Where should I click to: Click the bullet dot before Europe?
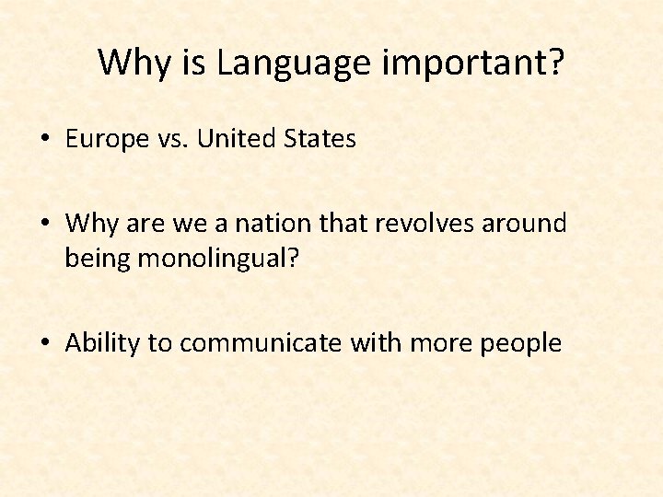click(44, 140)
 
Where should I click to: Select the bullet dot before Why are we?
click(44, 224)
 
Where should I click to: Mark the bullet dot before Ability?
click(44, 344)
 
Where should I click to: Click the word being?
click(98, 259)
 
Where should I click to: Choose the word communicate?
click(262, 343)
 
